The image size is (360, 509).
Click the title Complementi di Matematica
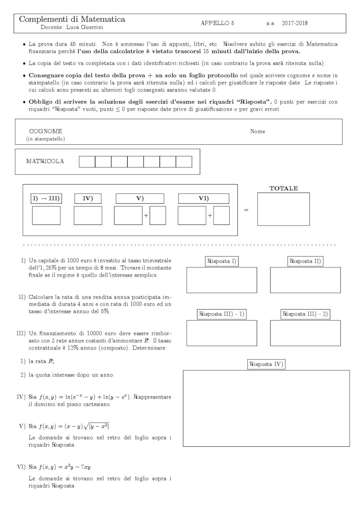click(x=72, y=19)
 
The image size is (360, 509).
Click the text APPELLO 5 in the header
click(x=217, y=23)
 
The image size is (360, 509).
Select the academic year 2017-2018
click(x=294, y=23)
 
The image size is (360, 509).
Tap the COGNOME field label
click(x=45, y=131)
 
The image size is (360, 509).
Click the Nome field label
click(x=257, y=131)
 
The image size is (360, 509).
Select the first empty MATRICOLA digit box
click(x=87, y=162)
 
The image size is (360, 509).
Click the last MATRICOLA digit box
click(x=184, y=162)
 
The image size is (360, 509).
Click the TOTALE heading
click(x=283, y=189)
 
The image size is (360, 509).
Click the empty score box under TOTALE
click(x=283, y=209)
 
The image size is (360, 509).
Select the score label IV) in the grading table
click(x=88, y=198)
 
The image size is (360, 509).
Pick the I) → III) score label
click(x=46, y=198)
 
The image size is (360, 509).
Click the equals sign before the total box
click(x=246, y=210)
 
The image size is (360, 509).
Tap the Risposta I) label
click(x=222, y=261)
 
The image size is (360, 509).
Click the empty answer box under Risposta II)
click(x=305, y=280)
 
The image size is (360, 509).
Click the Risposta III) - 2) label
click(x=305, y=314)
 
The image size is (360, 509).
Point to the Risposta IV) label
click(x=266, y=364)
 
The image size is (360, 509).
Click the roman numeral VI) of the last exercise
click(x=21, y=467)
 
